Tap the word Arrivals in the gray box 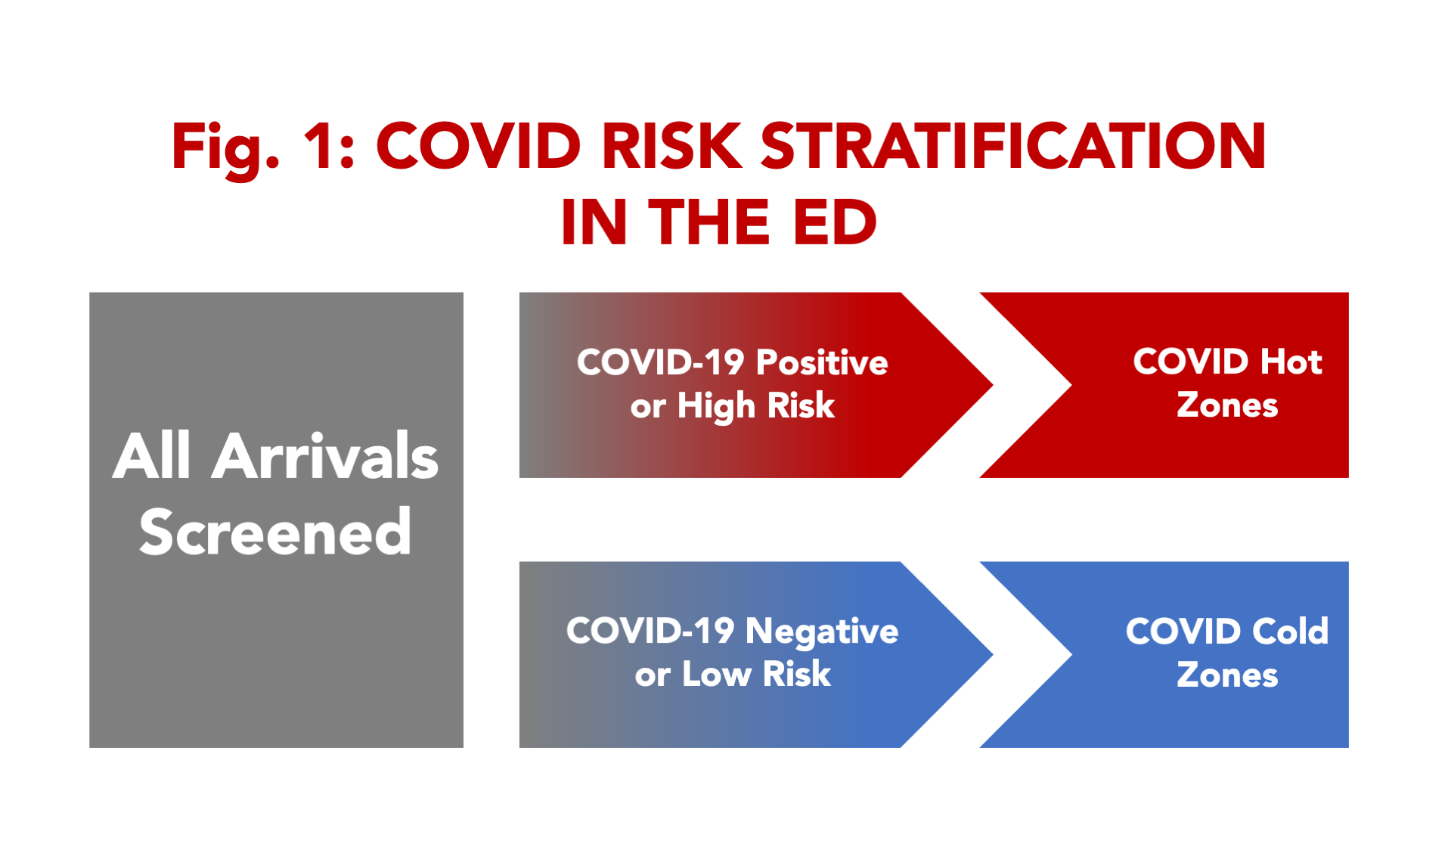point(325,456)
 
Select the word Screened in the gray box point(275,532)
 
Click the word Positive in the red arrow point(822,363)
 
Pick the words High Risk point(756,407)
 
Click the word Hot point(1291,362)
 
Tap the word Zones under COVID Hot point(1227,405)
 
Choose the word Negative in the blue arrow point(822,632)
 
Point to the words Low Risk point(756,675)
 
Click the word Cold point(1290,632)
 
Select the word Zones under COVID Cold point(1227,675)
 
